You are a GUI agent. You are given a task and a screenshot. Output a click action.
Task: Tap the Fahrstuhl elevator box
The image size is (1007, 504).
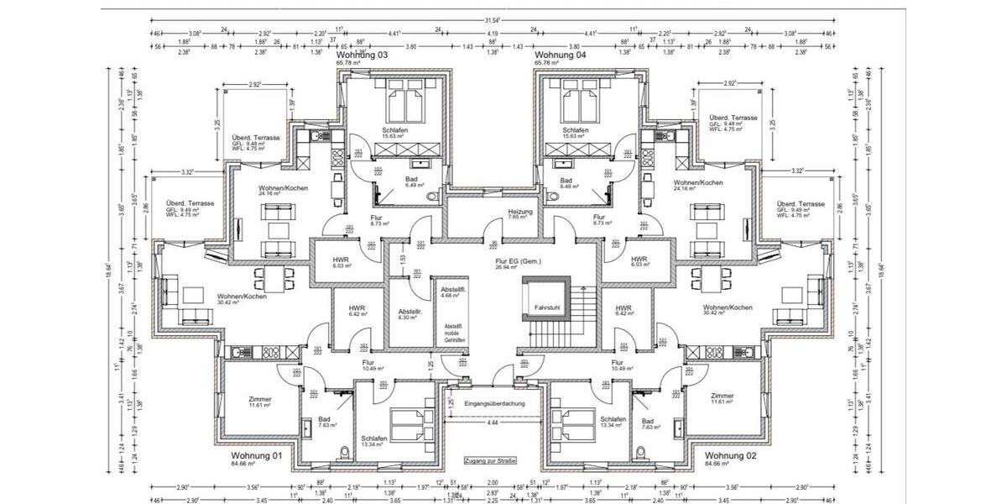[546, 308]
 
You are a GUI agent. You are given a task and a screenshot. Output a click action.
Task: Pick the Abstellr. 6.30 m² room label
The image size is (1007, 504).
[410, 313]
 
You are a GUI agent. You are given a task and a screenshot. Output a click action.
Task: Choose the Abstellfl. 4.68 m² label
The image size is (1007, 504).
[453, 291]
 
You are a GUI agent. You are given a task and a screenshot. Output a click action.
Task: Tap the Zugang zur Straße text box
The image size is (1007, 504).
[489, 461]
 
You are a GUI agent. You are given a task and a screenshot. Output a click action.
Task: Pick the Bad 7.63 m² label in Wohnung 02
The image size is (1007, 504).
[647, 424]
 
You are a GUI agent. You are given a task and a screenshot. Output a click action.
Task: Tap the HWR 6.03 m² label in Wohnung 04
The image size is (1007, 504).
[639, 261]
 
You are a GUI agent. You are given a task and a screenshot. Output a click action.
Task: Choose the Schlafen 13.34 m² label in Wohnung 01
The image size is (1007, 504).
[374, 442]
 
